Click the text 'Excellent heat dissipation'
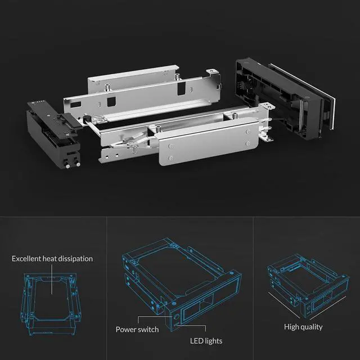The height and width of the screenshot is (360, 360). tap(52, 258)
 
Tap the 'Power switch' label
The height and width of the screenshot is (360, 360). tap(137, 329)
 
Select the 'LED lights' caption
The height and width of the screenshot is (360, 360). tap(205, 341)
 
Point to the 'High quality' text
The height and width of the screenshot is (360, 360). tap(304, 327)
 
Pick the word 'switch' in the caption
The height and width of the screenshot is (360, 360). tap(148, 329)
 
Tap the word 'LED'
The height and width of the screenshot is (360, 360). tap(195, 341)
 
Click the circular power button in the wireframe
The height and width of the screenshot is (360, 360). tap(179, 316)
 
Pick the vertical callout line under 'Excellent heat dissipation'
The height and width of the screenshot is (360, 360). tap(52, 278)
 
